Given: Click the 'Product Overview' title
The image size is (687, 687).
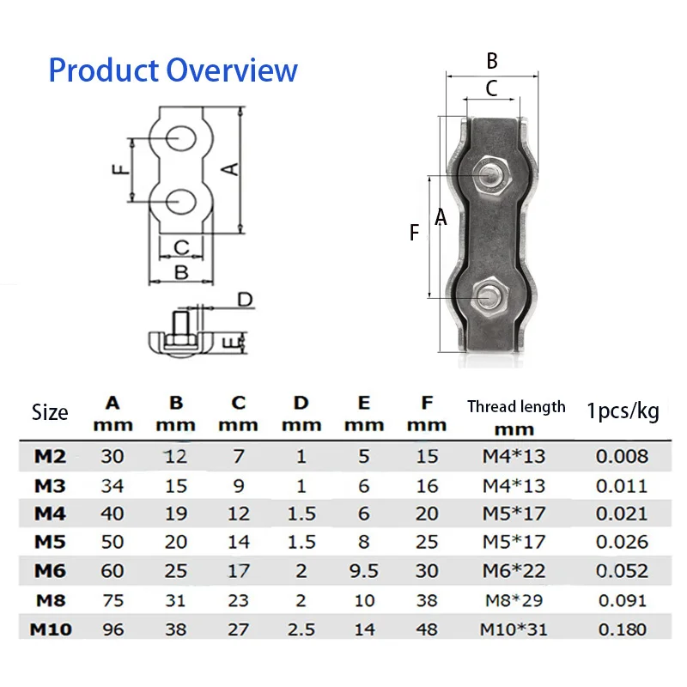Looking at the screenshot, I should [x=173, y=70].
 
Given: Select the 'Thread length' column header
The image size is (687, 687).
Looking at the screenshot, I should [x=516, y=407].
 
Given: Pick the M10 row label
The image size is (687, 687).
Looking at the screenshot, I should [x=51, y=629].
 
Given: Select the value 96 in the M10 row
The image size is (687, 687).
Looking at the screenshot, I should [x=112, y=629].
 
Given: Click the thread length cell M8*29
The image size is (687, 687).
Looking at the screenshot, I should [x=514, y=600].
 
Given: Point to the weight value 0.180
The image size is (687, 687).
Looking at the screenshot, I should [x=622, y=629].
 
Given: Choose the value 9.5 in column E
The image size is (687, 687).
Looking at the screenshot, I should [x=364, y=571].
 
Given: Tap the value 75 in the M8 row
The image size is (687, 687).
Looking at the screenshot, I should [x=112, y=600].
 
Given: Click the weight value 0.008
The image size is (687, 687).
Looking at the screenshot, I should [x=622, y=456].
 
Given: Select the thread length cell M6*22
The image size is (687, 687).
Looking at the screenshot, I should [x=514, y=571].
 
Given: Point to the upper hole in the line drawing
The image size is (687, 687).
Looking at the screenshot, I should [x=181, y=137].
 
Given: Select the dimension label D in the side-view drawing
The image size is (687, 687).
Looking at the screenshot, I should [x=245, y=300].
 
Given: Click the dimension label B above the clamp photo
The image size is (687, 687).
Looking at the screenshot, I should [x=492, y=61].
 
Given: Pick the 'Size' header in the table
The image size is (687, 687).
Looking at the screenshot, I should [x=50, y=412].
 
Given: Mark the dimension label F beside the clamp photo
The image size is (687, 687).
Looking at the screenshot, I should [x=415, y=232].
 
